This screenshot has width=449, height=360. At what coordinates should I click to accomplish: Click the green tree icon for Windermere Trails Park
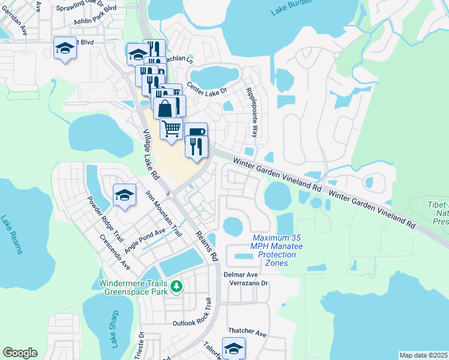(x=176, y=287)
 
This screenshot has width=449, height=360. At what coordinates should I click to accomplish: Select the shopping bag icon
(x=165, y=107)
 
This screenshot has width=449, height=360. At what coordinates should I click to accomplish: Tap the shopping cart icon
(x=172, y=128)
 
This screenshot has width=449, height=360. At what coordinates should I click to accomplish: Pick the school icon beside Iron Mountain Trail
(x=124, y=195)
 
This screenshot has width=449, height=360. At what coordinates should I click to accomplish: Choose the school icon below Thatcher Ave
(x=234, y=348)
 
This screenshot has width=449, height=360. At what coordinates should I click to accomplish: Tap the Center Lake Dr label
(x=206, y=89)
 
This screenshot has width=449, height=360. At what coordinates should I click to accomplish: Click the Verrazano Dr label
(x=246, y=284)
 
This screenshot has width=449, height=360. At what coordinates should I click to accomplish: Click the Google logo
(x=20, y=353)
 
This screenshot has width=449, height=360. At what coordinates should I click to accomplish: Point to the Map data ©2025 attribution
(x=423, y=355)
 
